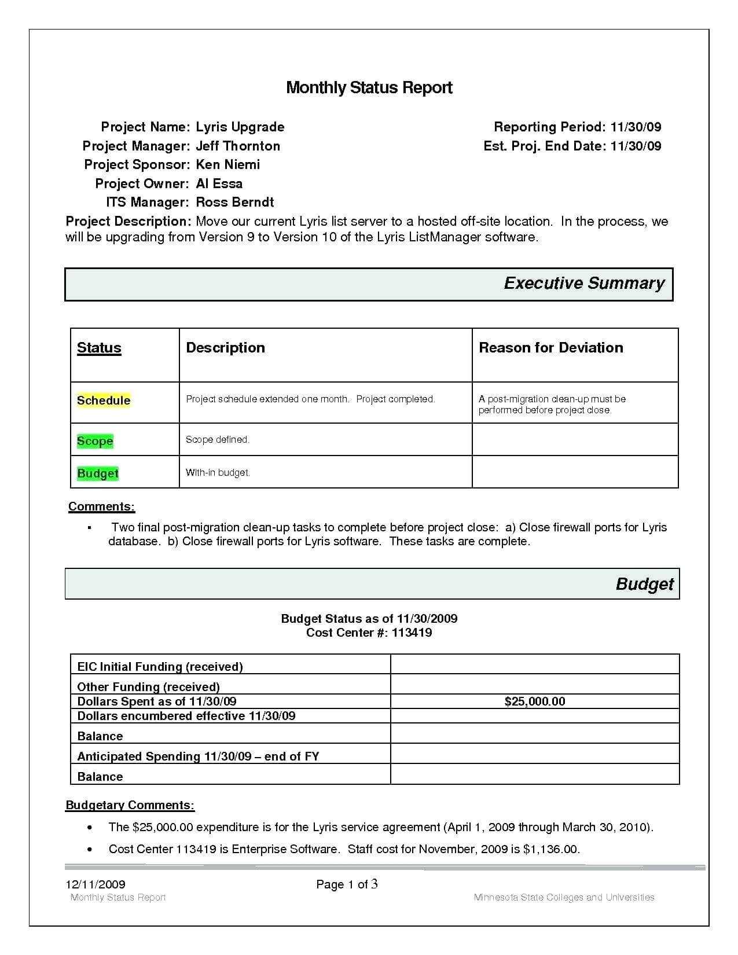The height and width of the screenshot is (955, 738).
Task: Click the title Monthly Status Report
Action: [x=369, y=88]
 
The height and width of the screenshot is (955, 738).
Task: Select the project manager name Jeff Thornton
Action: [x=238, y=146]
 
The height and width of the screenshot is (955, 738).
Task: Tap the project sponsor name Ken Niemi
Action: [x=228, y=164]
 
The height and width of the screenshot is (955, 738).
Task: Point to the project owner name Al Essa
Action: [x=219, y=183]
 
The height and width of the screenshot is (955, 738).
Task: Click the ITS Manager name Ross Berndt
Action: [x=235, y=202]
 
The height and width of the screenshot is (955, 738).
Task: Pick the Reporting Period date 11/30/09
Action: [x=636, y=127]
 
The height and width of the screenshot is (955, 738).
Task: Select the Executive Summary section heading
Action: [x=584, y=283]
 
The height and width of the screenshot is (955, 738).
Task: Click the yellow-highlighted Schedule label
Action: [x=104, y=401]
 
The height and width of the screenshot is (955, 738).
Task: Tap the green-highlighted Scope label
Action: [x=95, y=441]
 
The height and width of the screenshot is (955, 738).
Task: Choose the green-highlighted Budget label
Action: [x=98, y=473]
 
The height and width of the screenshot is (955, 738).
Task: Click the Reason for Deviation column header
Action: [x=551, y=348]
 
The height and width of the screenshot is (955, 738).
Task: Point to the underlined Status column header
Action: [x=99, y=348]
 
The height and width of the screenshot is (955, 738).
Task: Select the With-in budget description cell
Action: [x=218, y=473]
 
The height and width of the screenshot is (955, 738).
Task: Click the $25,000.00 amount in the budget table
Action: [x=535, y=701]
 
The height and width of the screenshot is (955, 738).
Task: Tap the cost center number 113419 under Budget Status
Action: [x=412, y=633]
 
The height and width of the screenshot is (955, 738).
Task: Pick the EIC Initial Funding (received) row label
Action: [x=160, y=667]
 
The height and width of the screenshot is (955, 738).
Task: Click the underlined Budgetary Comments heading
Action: [x=130, y=805]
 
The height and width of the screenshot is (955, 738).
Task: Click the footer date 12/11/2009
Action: [x=96, y=884]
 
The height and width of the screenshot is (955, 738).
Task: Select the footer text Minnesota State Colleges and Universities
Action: [x=564, y=898]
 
